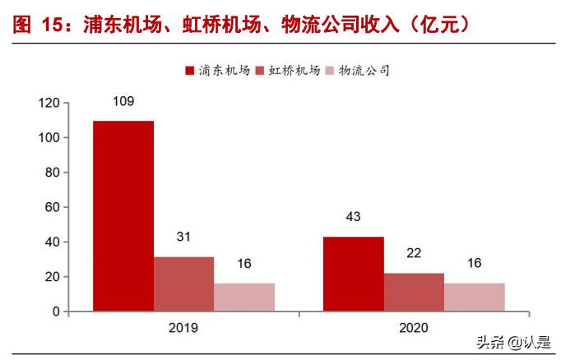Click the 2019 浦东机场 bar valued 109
point(123,216)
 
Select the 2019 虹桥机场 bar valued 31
point(183,284)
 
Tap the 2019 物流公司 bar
point(244,298)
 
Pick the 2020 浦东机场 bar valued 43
point(353,274)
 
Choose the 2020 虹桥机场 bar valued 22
point(414,292)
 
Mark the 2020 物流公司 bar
point(475,298)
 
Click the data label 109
point(123,102)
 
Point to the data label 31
point(184,238)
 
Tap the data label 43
point(353,217)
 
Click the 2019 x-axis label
point(183,327)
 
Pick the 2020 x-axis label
point(413,327)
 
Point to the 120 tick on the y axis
point(49,104)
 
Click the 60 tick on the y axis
point(52,208)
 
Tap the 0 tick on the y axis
point(55,312)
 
